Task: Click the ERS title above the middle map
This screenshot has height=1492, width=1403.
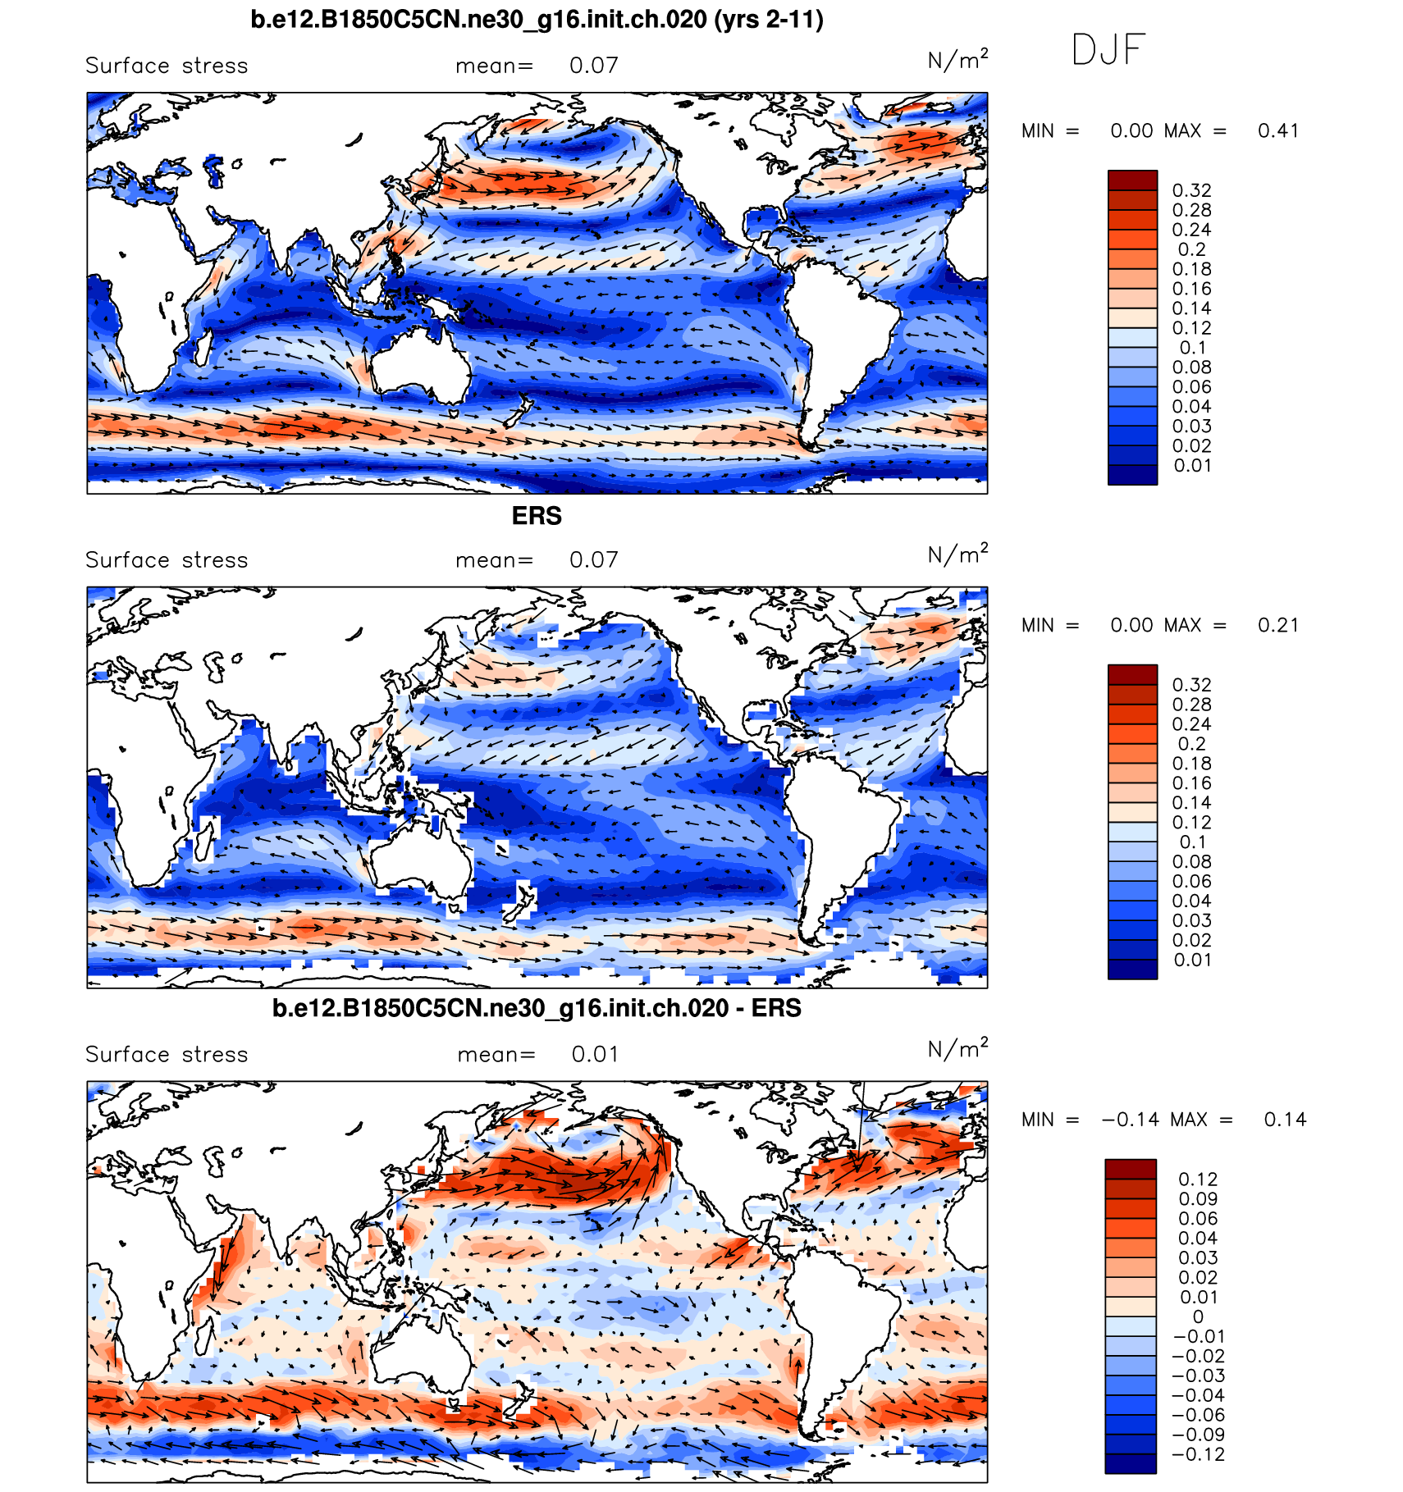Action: pyautogui.click(x=537, y=516)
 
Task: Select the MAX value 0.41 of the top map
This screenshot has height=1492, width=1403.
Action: pyautogui.click(x=1277, y=131)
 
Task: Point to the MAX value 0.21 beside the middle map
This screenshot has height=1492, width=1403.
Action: pyautogui.click(x=1277, y=626)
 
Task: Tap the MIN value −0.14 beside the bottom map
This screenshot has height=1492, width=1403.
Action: pyautogui.click(x=1130, y=1120)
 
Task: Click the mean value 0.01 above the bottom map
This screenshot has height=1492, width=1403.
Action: pyautogui.click(x=595, y=1055)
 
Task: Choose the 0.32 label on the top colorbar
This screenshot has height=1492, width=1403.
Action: pyautogui.click(x=1191, y=190)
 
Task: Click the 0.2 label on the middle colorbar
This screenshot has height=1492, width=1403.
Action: pyautogui.click(x=1191, y=744)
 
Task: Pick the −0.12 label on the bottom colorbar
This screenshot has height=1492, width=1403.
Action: pyautogui.click(x=1198, y=1455)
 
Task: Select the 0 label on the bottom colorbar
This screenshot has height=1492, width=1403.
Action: pyautogui.click(x=1198, y=1316)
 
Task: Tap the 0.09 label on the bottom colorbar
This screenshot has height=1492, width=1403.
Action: pyautogui.click(x=1198, y=1199)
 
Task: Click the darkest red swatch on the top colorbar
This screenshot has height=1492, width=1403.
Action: pyautogui.click(x=1132, y=180)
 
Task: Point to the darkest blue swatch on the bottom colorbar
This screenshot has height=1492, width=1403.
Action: pyautogui.click(x=1131, y=1464)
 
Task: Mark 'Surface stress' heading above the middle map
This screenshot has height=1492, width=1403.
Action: pyautogui.click(x=167, y=560)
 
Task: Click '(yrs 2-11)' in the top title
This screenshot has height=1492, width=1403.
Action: pyautogui.click(x=769, y=19)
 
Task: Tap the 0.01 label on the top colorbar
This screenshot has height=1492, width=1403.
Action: pyautogui.click(x=1191, y=466)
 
